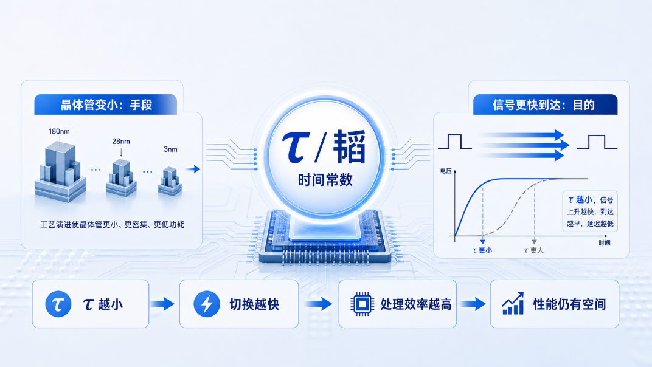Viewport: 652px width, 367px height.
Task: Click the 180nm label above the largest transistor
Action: tap(59, 131)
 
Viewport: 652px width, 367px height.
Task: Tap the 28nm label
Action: tap(121, 142)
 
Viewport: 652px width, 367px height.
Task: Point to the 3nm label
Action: tap(170, 149)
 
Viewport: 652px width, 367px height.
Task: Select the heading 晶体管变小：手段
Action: tap(106, 105)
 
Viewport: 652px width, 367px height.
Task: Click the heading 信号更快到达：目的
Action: tap(544, 105)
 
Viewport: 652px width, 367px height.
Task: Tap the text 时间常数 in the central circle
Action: tap(325, 180)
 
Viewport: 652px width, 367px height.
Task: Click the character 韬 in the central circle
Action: tap(349, 146)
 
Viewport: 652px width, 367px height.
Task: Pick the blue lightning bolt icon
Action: tap(207, 304)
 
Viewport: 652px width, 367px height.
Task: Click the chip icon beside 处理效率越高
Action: tap(362, 304)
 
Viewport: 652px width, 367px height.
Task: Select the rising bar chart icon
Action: tap(513, 303)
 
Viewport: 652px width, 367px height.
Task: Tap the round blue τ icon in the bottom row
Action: tap(58, 304)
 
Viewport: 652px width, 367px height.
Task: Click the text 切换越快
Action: tap(254, 304)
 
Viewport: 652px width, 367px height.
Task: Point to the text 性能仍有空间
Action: tap(570, 304)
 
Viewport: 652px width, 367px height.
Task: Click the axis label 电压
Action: tap(446, 171)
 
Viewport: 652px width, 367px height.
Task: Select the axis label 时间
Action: tap(605, 242)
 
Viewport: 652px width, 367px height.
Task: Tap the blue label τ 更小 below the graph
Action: tap(482, 250)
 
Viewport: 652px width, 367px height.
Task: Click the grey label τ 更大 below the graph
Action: tap(534, 250)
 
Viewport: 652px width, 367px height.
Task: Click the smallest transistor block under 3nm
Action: tap(170, 181)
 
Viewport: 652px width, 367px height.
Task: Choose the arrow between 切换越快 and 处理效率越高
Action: tap(319, 304)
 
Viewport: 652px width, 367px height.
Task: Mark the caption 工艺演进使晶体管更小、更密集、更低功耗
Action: tap(113, 224)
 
